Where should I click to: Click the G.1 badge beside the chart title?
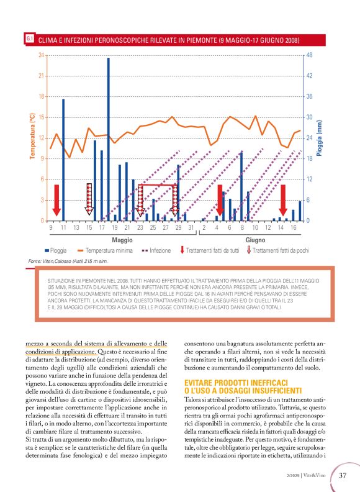coord(29,39)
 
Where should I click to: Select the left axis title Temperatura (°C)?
coord(32,137)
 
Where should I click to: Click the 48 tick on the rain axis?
coord(310,55)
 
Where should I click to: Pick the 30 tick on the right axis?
coord(310,117)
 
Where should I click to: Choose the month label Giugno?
coord(255,239)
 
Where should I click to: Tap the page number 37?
coord(342,476)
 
